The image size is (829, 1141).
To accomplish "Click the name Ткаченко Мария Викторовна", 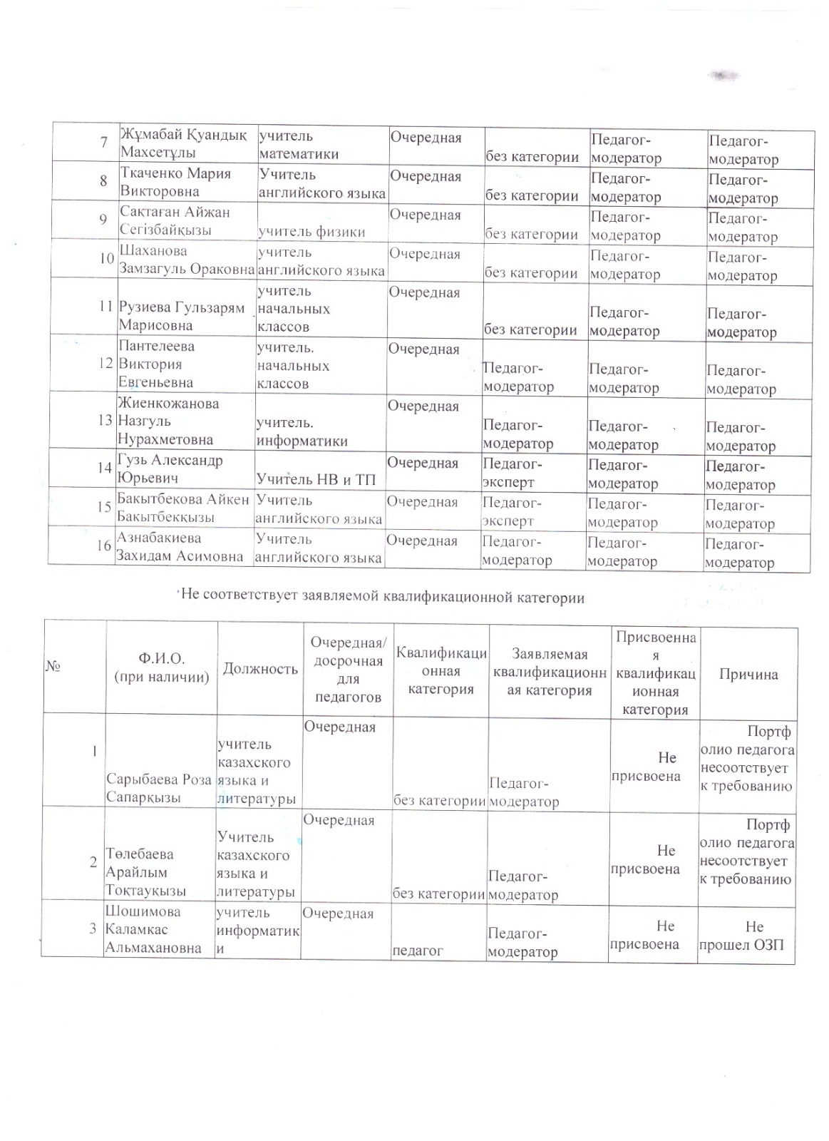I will click(x=175, y=183).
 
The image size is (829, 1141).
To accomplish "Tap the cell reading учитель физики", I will click(x=311, y=231).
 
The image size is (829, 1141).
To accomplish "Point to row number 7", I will click(x=104, y=142).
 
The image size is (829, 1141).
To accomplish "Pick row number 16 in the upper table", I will click(x=104, y=546).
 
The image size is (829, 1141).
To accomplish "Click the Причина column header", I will click(x=748, y=674).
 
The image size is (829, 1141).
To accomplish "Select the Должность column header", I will click(x=260, y=668).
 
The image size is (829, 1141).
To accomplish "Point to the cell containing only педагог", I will click(x=418, y=950).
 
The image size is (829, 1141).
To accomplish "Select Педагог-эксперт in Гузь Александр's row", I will click(x=513, y=474).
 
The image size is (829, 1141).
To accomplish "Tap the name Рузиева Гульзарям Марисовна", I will click(x=181, y=317).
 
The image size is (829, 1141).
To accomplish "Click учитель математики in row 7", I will click(x=298, y=145).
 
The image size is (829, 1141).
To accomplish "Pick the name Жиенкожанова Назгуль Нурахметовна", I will click(x=168, y=421).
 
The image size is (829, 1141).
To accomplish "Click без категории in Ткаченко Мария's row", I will click(x=532, y=195).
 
